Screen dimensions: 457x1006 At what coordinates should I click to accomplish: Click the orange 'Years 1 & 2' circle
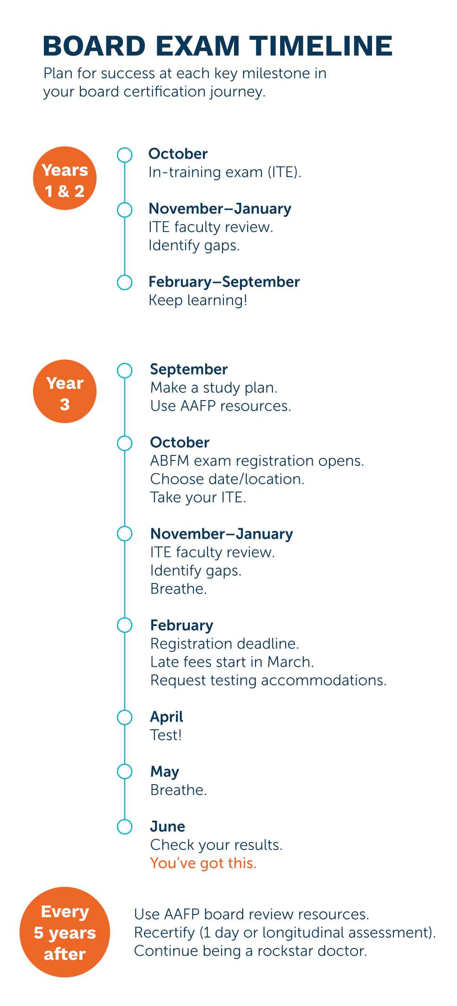pyautogui.click(x=65, y=178)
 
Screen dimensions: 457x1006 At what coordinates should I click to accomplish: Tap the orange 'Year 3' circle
pyautogui.click(x=65, y=391)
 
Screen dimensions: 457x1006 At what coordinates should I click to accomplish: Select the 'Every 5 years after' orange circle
pyautogui.click(x=65, y=932)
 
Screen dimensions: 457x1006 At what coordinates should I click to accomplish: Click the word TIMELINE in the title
pyautogui.click(x=321, y=46)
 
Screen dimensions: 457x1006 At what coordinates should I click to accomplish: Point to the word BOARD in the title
pyautogui.click(x=94, y=46)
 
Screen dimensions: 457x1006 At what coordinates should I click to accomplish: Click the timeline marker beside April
pyautogui.click(x=124, y=717)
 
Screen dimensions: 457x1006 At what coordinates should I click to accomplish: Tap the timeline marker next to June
pyautogui.click(x=124, y=827)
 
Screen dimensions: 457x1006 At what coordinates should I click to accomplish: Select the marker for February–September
pyautogui.click(x=124, y=282)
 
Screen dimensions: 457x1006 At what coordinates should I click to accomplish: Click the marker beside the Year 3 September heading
pyautogui.click(x=124, y=370)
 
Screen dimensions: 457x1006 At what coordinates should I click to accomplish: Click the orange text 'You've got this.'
pyautogui.click(x=203, y=863)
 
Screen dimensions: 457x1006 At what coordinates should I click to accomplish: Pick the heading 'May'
pyautogui.click(x=165, y=772)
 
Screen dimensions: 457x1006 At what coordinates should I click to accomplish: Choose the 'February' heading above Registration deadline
pyautogui.click(x=181, y=626)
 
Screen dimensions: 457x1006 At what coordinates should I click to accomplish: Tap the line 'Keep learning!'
pyautogui.click(x=198, y=300)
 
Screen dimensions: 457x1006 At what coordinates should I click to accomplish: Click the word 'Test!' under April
pyautogui.click(x=166, y=735)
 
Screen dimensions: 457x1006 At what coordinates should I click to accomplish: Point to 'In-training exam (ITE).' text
pyautogui.click(x=225, y=172)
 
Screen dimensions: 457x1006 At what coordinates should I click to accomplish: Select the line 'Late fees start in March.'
pyautogui.click(x=232, y=662)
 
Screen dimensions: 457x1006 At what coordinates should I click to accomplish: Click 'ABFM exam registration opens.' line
pyautogui.click(x=257, y=460)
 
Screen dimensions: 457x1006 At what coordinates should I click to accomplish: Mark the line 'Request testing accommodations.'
pyautogui.click(x=268, y=680)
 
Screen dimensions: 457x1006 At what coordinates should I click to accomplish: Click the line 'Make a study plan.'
pyautogui.click(x=214, y=388)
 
